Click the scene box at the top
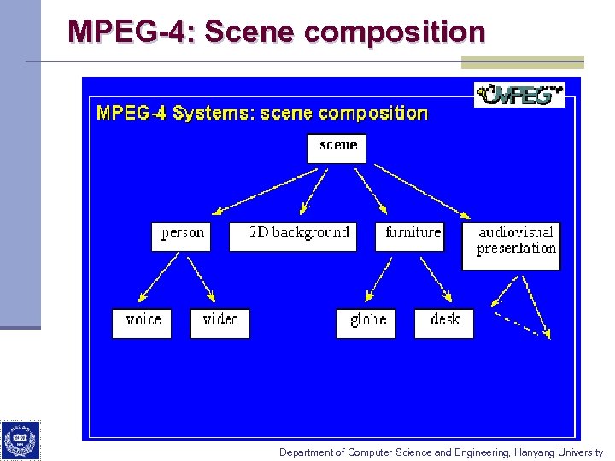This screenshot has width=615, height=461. pos(337,148)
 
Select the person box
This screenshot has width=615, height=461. pos(181,236)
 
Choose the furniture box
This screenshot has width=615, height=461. pos(410,236)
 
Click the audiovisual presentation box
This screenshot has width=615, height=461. pos(512,246)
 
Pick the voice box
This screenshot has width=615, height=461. pos(142,323)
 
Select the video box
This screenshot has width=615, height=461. pos(220,323)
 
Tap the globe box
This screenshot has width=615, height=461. pos(366,323)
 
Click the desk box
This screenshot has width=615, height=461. pos(444,323)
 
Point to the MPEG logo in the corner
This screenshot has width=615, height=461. pos(519,94)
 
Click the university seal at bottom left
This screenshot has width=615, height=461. pos(20,441)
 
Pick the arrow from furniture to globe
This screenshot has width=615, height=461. pos(381,280)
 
